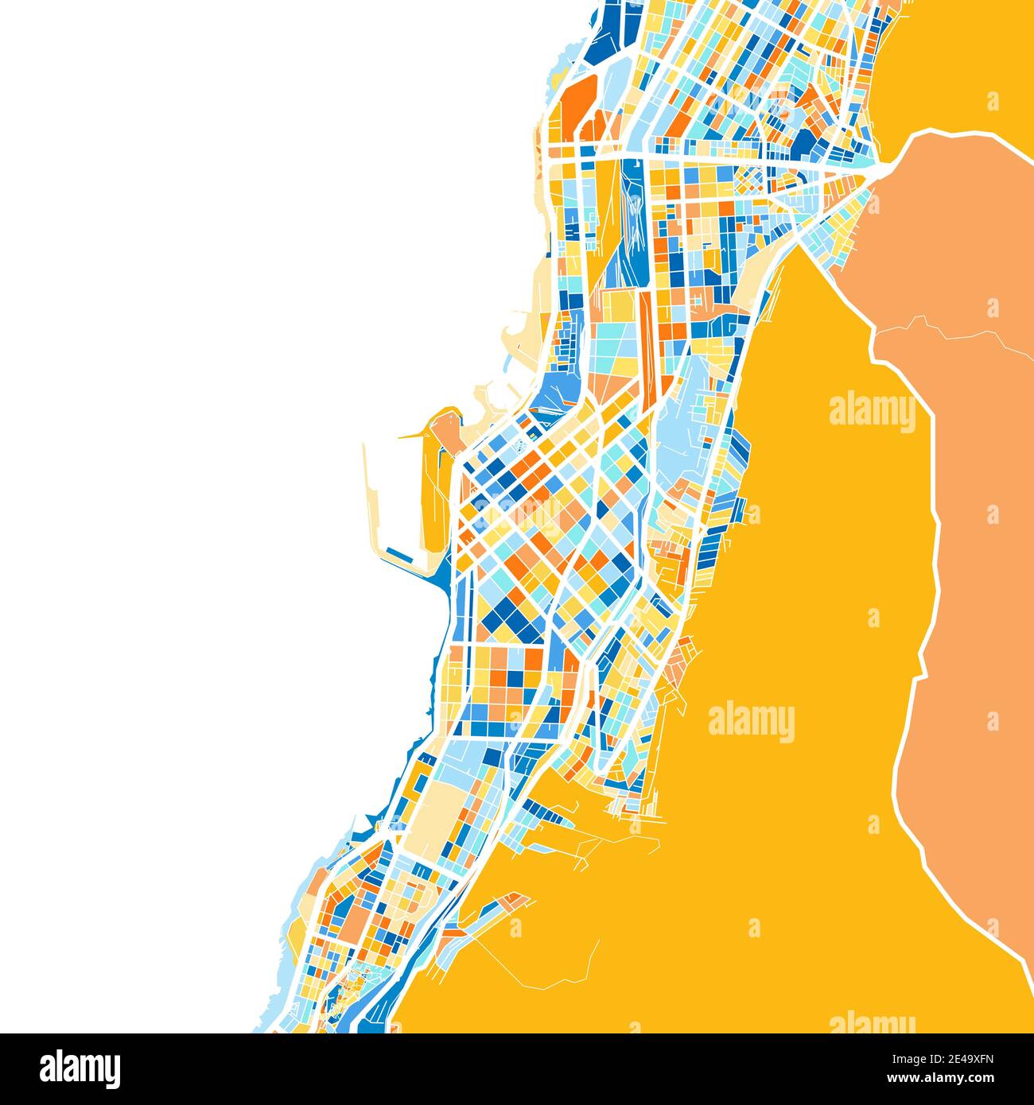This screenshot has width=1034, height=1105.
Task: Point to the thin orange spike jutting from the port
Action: (x=414, y=435)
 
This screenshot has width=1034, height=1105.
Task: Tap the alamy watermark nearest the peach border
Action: (x=873, y=410)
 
